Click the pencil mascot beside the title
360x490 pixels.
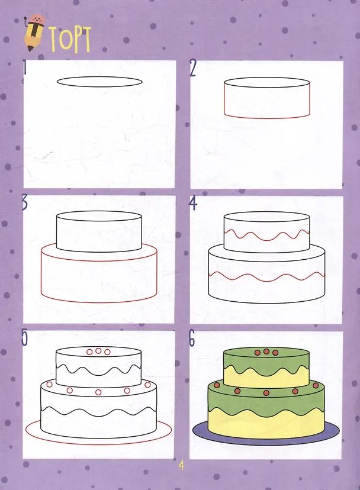tap(34, 32)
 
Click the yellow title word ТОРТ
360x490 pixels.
tap(70, 39)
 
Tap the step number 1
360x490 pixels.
tap(25, 67)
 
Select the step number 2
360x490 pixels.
tap(192, 69)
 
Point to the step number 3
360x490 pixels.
tap(25, 202)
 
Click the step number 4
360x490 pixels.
tap(193, 202)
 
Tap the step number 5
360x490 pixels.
tap(24, 337)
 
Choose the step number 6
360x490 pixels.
tap(192, 339)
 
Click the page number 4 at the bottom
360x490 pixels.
tap(181, 465)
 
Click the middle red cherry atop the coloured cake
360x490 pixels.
tap(266, 352)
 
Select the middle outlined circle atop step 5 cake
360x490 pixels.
tap(98, 350)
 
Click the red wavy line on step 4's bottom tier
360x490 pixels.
tap(266, 276)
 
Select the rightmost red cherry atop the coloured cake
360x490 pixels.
tap(275, 353)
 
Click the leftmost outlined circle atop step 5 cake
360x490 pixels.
tap(89, 352)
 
